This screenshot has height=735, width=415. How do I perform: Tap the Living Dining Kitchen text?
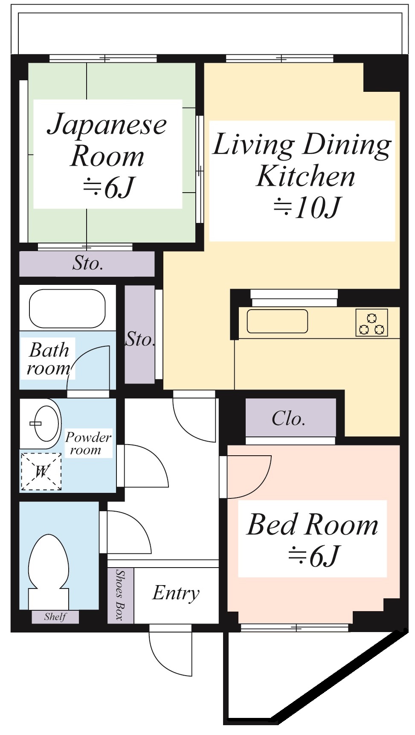point(302,160)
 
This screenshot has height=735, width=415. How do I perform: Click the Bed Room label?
point(312,524)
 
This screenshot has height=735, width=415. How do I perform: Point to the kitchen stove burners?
point(372,323)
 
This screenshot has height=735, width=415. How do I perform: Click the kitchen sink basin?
point(277,321)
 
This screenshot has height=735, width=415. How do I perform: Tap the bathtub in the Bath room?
point(67,308)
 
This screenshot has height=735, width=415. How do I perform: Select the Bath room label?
point(48,359)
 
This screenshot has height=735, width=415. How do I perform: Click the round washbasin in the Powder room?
point(47,424)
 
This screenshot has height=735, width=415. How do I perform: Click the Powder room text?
point(87,443)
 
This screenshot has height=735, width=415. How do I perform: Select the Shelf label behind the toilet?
point(55,617)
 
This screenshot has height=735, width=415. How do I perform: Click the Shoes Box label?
point(120,595)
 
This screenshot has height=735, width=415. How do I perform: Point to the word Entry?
point(176,593)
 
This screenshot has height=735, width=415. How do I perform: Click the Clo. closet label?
point(289,419)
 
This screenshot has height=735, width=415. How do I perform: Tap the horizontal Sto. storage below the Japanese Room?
point(87,264)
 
